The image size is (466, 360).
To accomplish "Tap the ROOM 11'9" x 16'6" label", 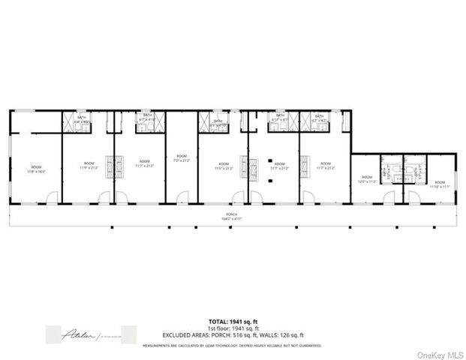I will pyautogui.click(x=35, y=169).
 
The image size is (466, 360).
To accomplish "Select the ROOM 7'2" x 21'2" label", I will pyautogui.click(x=181, y=157).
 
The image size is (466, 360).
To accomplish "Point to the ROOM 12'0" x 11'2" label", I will pyautogui.click(x=366, y=179).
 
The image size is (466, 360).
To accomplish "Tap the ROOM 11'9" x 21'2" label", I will pyautogui.click(x=89, y=165).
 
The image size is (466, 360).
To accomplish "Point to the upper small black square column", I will pyautogui.click(x=268, y=159).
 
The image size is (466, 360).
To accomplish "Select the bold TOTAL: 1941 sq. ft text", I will pyautogui.click(x=233, y=321).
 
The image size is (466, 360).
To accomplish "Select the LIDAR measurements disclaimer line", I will pyautogui.click(x=233, y=345).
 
